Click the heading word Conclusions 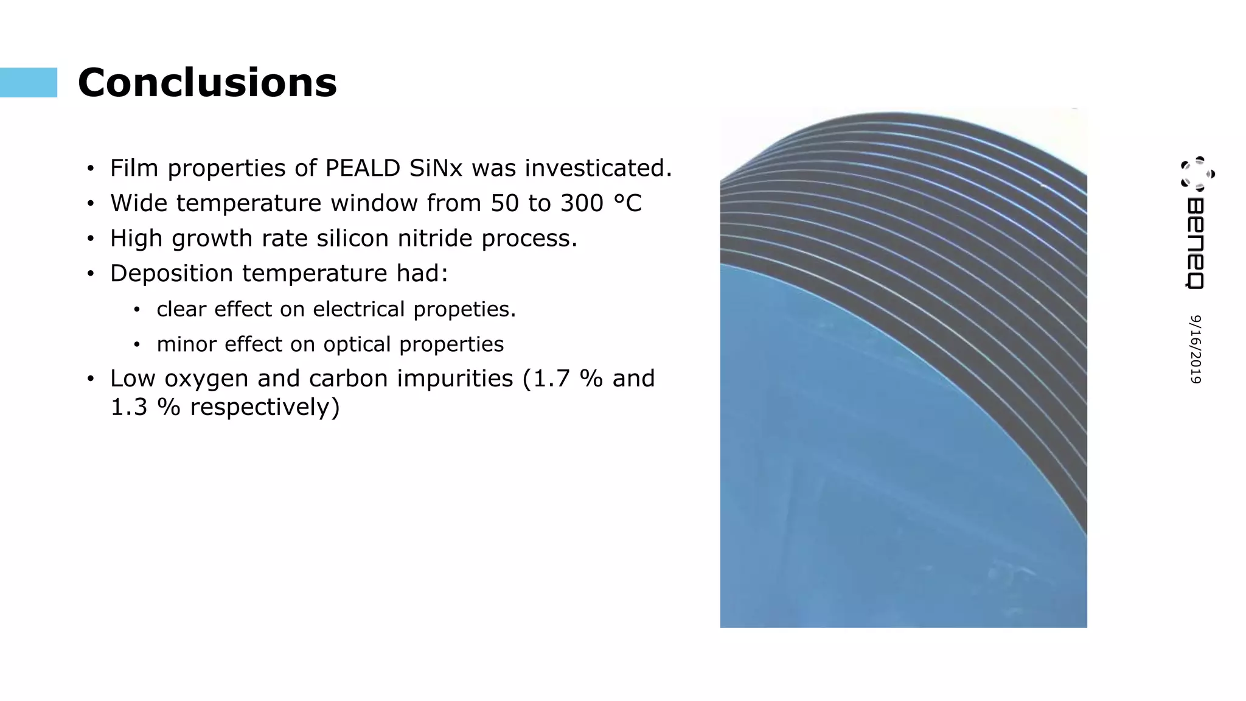click(207, 83)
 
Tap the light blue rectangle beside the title click(29, 83)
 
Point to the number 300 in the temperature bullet click(582, 203)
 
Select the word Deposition click(172, 274)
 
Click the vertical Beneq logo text click(1196, 243)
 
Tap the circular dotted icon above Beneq click(1197, 173)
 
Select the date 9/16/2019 click(1196, 349)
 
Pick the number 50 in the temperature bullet click(505, 203)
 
